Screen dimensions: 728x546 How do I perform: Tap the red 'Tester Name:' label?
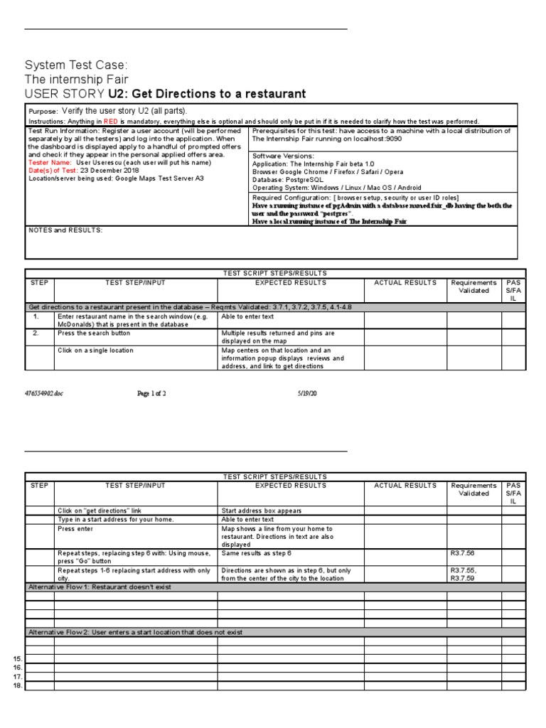pyautogui.click(x=50, y=162)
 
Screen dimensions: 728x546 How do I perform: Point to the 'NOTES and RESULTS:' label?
pyautogui.click(x=65, y=230)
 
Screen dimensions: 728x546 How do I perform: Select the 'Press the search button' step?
pyautogui.click(x=94, y=333)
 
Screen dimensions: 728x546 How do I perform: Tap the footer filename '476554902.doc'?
pyautogui.click(x=44, y=392)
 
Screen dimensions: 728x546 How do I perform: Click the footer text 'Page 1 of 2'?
pyautogui.click(x=151, y=392)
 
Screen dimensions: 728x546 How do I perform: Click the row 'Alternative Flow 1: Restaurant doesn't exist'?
pyautogui.click(x=100, y=587)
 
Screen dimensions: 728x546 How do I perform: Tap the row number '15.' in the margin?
pyautogui.click(x=18, y=660)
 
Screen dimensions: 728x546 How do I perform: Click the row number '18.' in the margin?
pyautogui.click(x=18, y=686)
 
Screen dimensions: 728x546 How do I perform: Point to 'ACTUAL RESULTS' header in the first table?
pyautogui.click(x=405, y=282)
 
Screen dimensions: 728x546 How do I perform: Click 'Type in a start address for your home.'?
pyautogui.click(x=115, y=520)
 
